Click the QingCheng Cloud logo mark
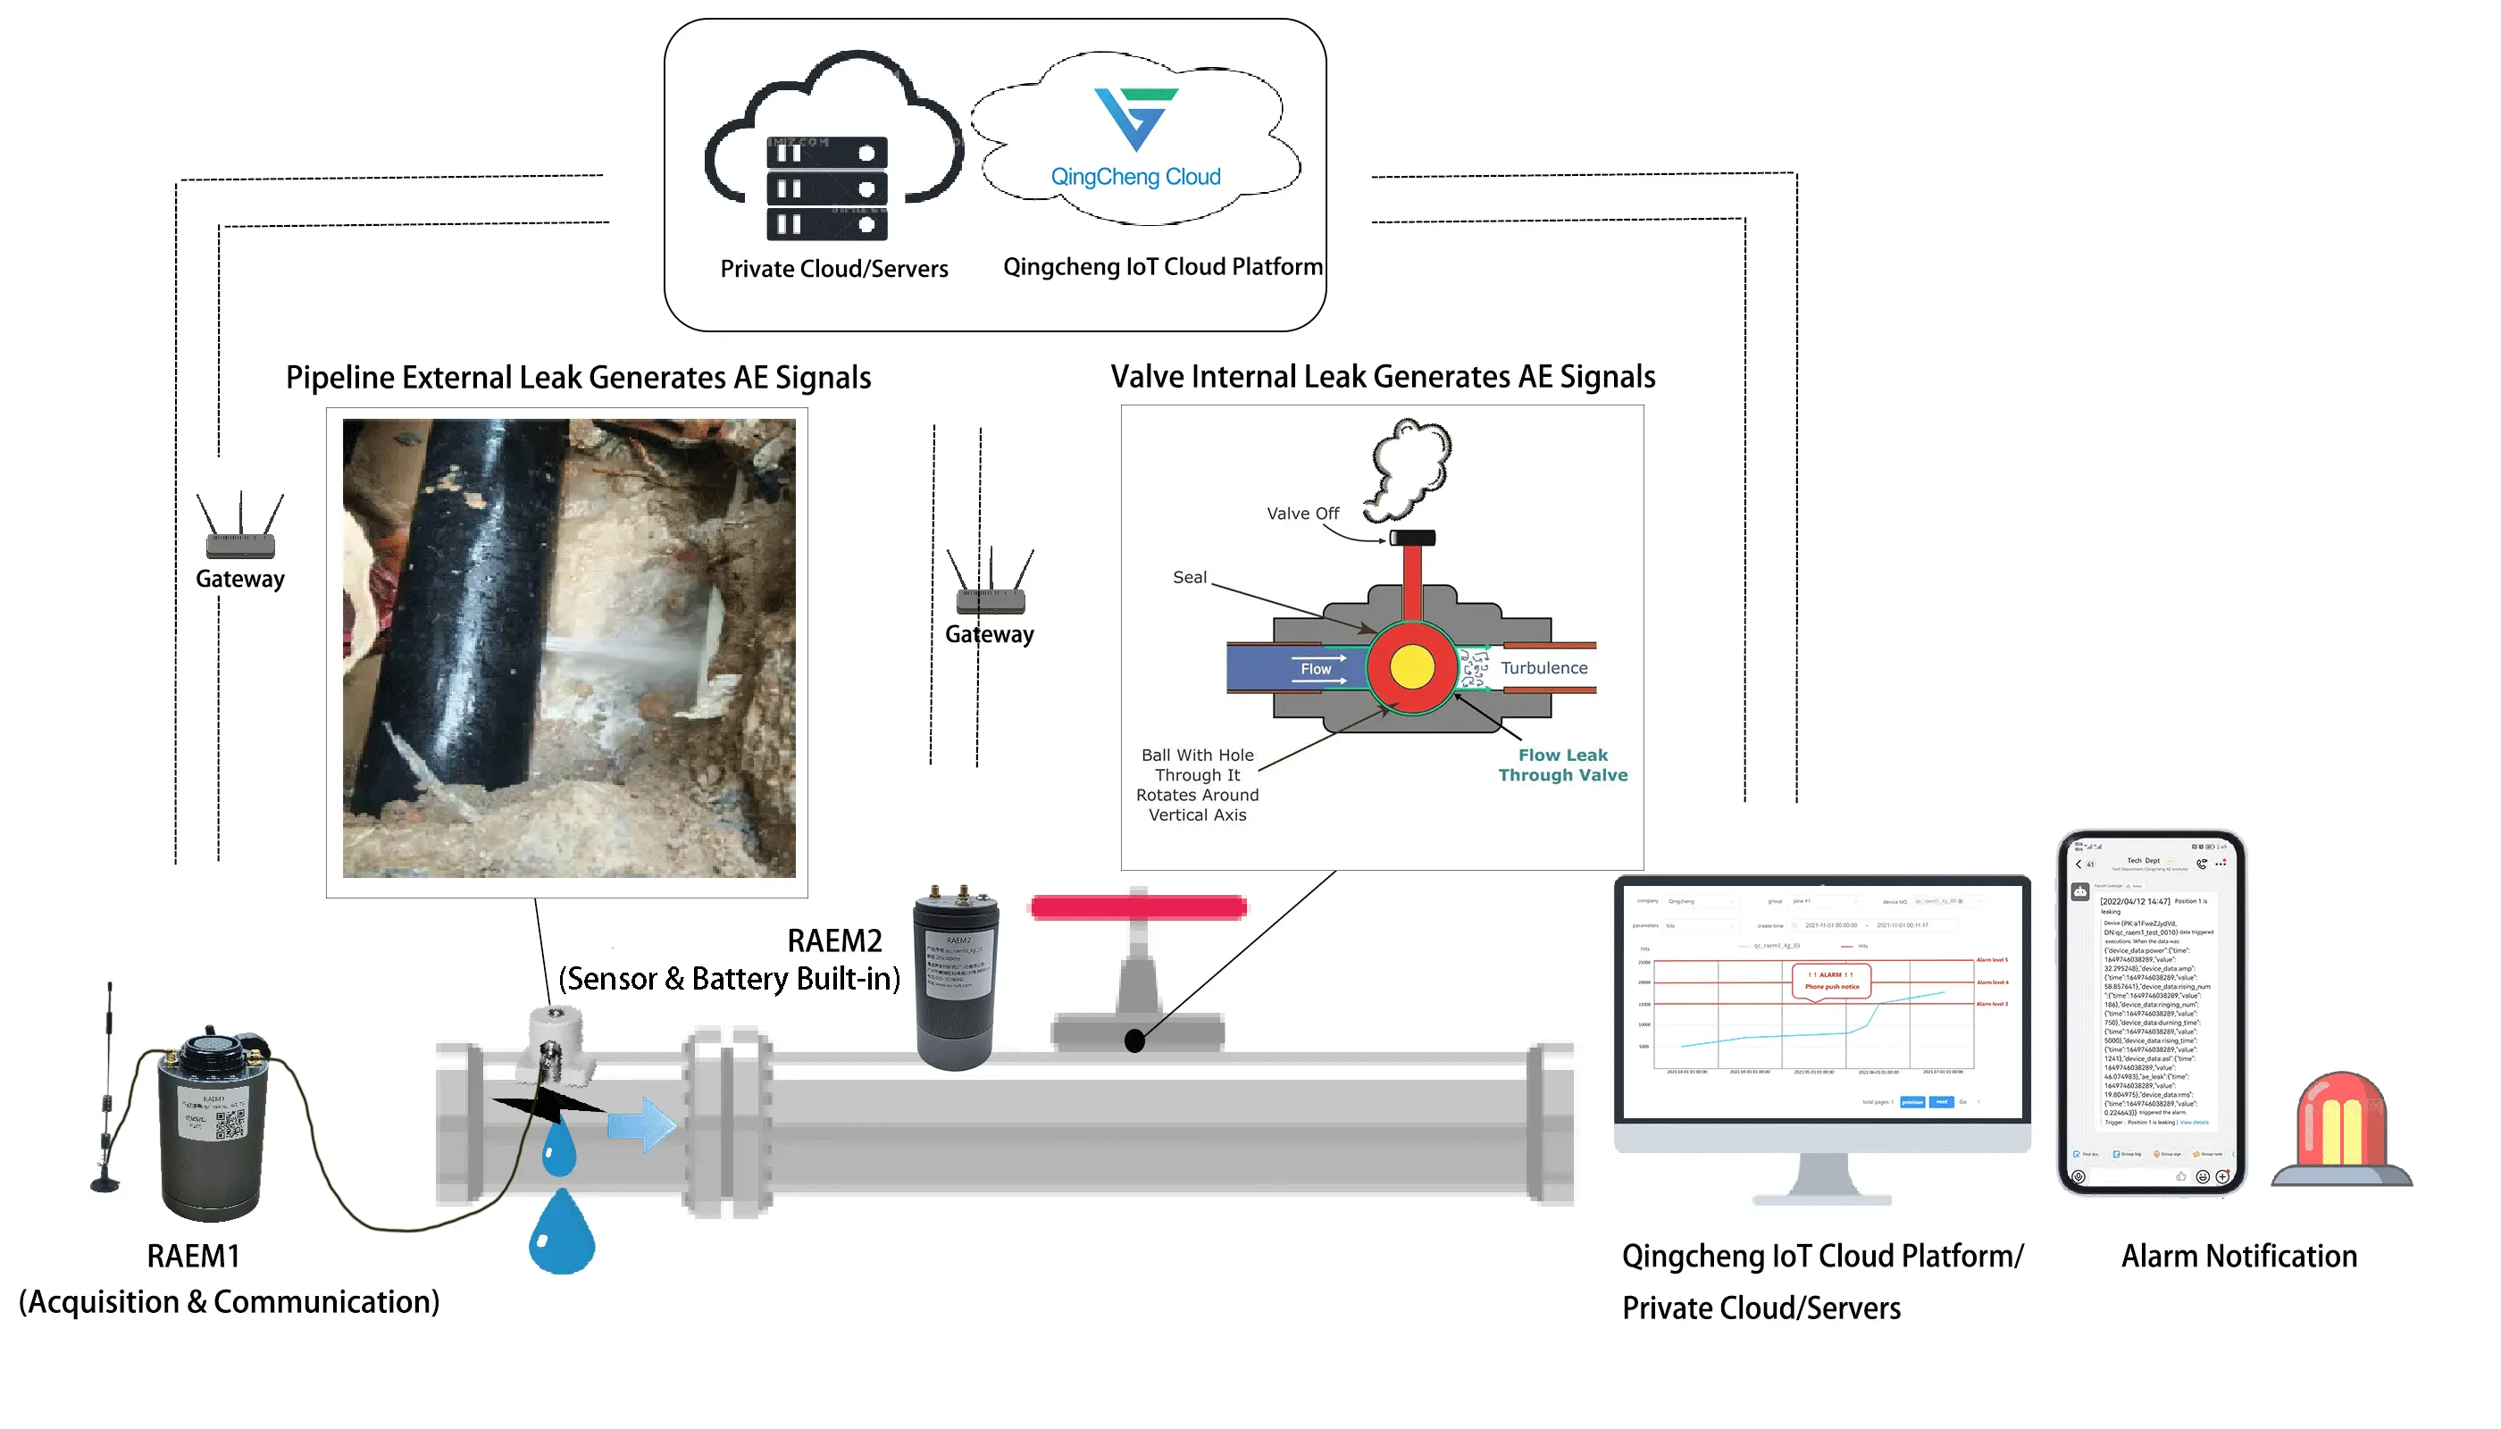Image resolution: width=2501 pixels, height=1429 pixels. (1137, 118)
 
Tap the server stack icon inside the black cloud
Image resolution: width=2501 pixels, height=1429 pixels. (826, 188)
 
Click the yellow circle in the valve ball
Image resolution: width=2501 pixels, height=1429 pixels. (1411, 667)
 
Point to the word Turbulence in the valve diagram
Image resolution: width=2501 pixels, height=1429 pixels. (1544, 668)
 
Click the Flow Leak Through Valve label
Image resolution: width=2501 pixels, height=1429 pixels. (1562, 765)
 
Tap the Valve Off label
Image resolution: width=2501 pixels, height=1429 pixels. (1302, 514)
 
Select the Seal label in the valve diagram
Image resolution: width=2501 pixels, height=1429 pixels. (1190, 578)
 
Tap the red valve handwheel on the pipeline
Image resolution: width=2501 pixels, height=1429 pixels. (1139, 907)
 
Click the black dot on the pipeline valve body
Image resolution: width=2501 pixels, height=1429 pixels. (1134, 1041)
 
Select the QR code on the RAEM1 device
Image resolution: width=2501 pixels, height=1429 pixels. (230, 1124)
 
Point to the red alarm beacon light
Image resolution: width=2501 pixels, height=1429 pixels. (2342, 1129)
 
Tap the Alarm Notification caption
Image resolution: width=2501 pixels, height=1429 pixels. (2239, 1258)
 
